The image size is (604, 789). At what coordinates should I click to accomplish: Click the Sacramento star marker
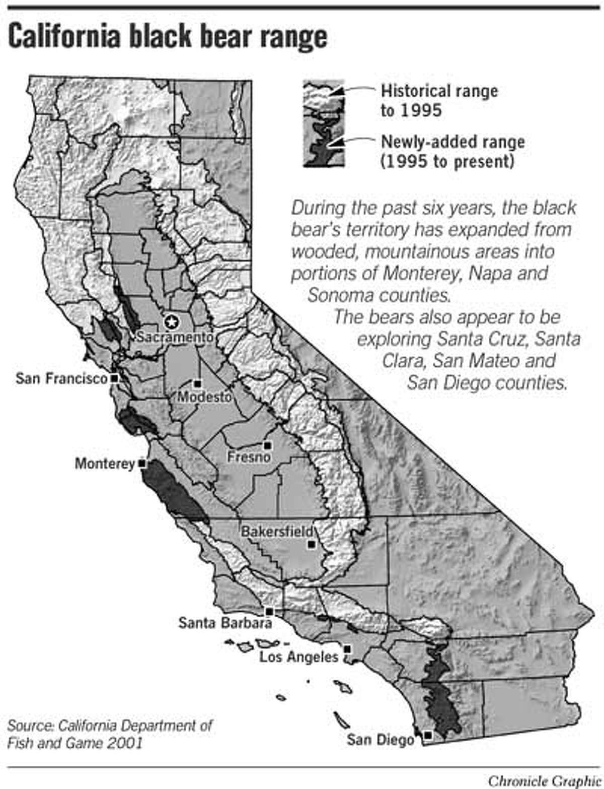point(171,321)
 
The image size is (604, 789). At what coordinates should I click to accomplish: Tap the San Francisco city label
point(61,378)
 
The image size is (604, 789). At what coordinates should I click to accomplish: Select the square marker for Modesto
point(198,384)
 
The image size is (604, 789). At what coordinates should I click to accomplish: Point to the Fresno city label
point(249,457)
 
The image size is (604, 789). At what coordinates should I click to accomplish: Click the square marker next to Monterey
point(142,463)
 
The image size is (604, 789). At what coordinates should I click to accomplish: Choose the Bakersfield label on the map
point(277,532)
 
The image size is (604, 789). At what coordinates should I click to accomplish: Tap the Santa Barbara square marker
point(269,611)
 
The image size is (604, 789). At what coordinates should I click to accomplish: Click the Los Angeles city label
point(299,656)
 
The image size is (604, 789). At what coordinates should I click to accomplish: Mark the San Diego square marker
point(427,735)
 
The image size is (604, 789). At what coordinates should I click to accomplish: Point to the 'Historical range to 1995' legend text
point(438,100)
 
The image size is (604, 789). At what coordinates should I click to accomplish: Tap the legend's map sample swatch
point(324,123)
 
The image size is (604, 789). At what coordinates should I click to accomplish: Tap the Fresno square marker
point(268,445)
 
